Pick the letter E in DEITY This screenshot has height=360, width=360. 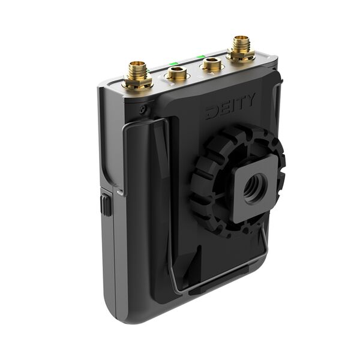click(222, 109)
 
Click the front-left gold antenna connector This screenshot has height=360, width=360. click(137, 71)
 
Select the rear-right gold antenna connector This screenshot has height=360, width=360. click(241, 44)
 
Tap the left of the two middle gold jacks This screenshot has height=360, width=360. click(177, 74)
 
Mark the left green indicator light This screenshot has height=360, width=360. click(173, 64)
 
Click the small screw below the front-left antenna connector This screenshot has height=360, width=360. click(142, 109)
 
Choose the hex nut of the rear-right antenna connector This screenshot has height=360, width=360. click(241, 55)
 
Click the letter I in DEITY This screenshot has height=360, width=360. click(232, 106)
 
